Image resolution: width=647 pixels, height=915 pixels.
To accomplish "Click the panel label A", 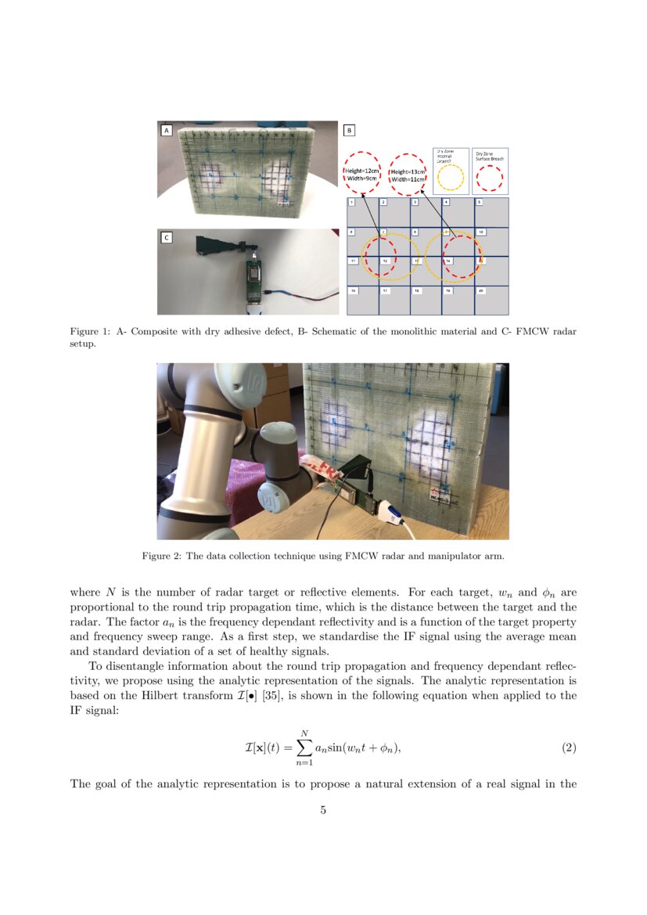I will [x=166, y=131].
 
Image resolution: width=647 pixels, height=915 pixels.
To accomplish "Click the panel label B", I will [x=350, y=131].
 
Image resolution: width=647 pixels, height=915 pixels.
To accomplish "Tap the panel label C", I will [x=166, y=237].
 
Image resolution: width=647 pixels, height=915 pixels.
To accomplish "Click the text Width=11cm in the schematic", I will [x=408, y=179].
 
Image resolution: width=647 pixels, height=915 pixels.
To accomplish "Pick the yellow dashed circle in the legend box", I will [x=450, y=178].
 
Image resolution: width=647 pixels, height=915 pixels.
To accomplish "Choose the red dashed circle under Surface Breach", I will [x=490, y=178].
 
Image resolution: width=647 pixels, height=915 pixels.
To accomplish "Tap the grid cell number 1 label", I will [x=352, y=203].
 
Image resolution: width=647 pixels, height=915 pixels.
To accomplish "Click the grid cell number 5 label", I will [x=479, y=203].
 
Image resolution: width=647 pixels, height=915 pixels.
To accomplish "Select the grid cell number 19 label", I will [x=448, y=290].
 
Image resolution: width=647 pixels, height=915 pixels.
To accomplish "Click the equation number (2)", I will [x=569, y=747].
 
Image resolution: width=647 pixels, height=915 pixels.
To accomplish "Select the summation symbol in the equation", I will [x=302, y=748].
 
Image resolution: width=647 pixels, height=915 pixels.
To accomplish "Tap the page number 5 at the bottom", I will [x=323, y=810].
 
